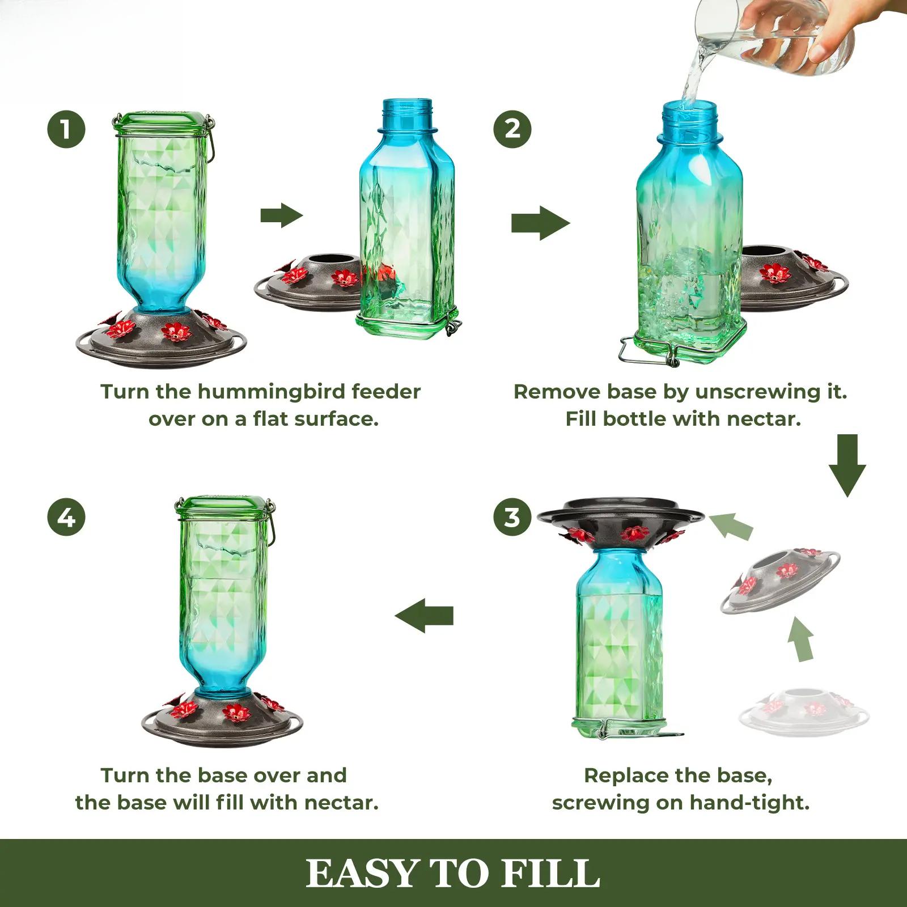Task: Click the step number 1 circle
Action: click(x=66, y=129)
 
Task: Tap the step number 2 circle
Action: click(x=512, y=129)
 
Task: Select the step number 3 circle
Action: click(x=512, y=517)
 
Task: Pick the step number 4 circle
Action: click(x=66, y=517)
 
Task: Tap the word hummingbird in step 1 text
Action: click(x=272, y=392)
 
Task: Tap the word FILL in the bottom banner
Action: click(x=550, y=873)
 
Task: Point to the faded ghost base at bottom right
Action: click(x=804, y=711)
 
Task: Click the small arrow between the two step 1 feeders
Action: click(x=282, y=216)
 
